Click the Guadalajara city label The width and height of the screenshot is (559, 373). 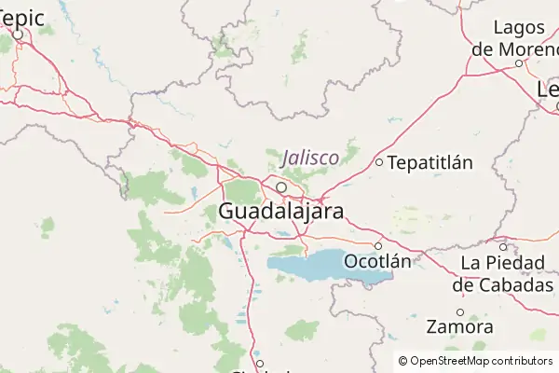pyautogui.click(x=280, y=211)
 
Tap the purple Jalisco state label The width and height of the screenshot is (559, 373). pyautogui.click(x=310, y=158)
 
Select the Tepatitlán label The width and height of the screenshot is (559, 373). pyautogui.click(x=429, y=163)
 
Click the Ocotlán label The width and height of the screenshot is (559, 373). pyautogui.click(x=377, y=261)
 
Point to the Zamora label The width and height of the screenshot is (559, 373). pyautogui.click(x=459, y=327)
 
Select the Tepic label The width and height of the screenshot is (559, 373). pyautogui.click(x=21, y=16)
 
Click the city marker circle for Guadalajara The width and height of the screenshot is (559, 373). pyautogui.click(x=280, y=186)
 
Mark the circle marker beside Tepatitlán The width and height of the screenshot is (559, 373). pyautogui.click(x=379, y=162)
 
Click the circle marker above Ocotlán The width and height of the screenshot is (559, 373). pyautogui.click(x=377, y=245)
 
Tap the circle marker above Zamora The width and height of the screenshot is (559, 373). pyautogui.click(x=459, y=311)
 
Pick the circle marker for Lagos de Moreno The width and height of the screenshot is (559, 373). pyautogui.click(x=519, y=63)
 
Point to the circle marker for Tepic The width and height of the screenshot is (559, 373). pyautogui.click(x=19, y=35)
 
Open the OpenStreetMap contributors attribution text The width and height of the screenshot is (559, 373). pyautogui.click(x=481, y=361)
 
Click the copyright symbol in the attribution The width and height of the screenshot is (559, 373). pyautogui.click(x=402, y=361)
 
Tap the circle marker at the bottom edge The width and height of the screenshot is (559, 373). pyautogui.click(x=260, y=364)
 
